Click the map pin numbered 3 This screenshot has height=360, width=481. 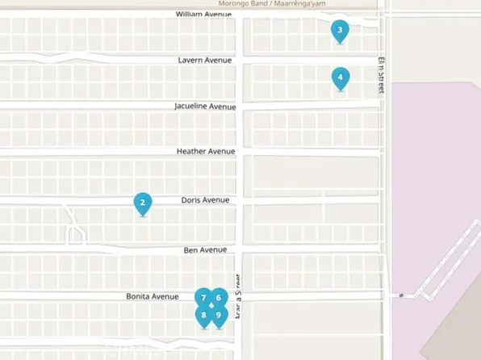[340, 31]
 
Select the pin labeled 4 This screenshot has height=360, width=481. [341, 78]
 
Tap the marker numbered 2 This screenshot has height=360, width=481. [142, 203]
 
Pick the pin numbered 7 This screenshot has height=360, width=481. [203, 297]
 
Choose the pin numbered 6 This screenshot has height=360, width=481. [219, 297]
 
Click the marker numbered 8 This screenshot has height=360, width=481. [203, 314]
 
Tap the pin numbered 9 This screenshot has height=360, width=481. [219, 314]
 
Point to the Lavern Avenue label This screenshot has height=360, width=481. [205, 60]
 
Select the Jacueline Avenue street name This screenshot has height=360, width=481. [205, 107]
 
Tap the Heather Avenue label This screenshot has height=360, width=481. [206, 151]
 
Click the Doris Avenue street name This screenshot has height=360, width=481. [205, 199]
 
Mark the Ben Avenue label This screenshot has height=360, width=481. [205, 250]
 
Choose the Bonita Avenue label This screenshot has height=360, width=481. [152, 296]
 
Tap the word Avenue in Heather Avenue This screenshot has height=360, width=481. [222, 151]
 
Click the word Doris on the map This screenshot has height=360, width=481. [191, 199]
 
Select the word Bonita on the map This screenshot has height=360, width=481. [139, 296]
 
